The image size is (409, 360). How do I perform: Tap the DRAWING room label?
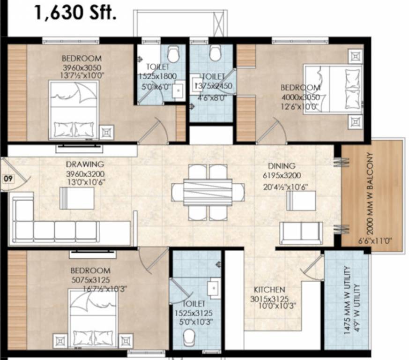pos(85,164)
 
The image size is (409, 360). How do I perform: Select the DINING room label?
pos(282,166)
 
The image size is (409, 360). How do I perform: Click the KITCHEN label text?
pos(269,290)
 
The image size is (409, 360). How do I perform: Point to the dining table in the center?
pos(208,192)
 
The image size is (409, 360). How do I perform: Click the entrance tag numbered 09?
pos(7,178)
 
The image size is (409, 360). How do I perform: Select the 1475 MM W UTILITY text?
pos(347,300)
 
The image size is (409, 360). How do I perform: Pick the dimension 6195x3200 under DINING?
pos(281,175)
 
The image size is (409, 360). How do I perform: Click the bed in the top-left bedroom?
pos(74,110)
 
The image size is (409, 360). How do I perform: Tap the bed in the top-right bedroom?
pos(333,89)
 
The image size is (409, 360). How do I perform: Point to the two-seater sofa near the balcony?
pos(301,232)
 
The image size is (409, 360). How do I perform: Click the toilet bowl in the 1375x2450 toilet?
pos(215,53)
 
